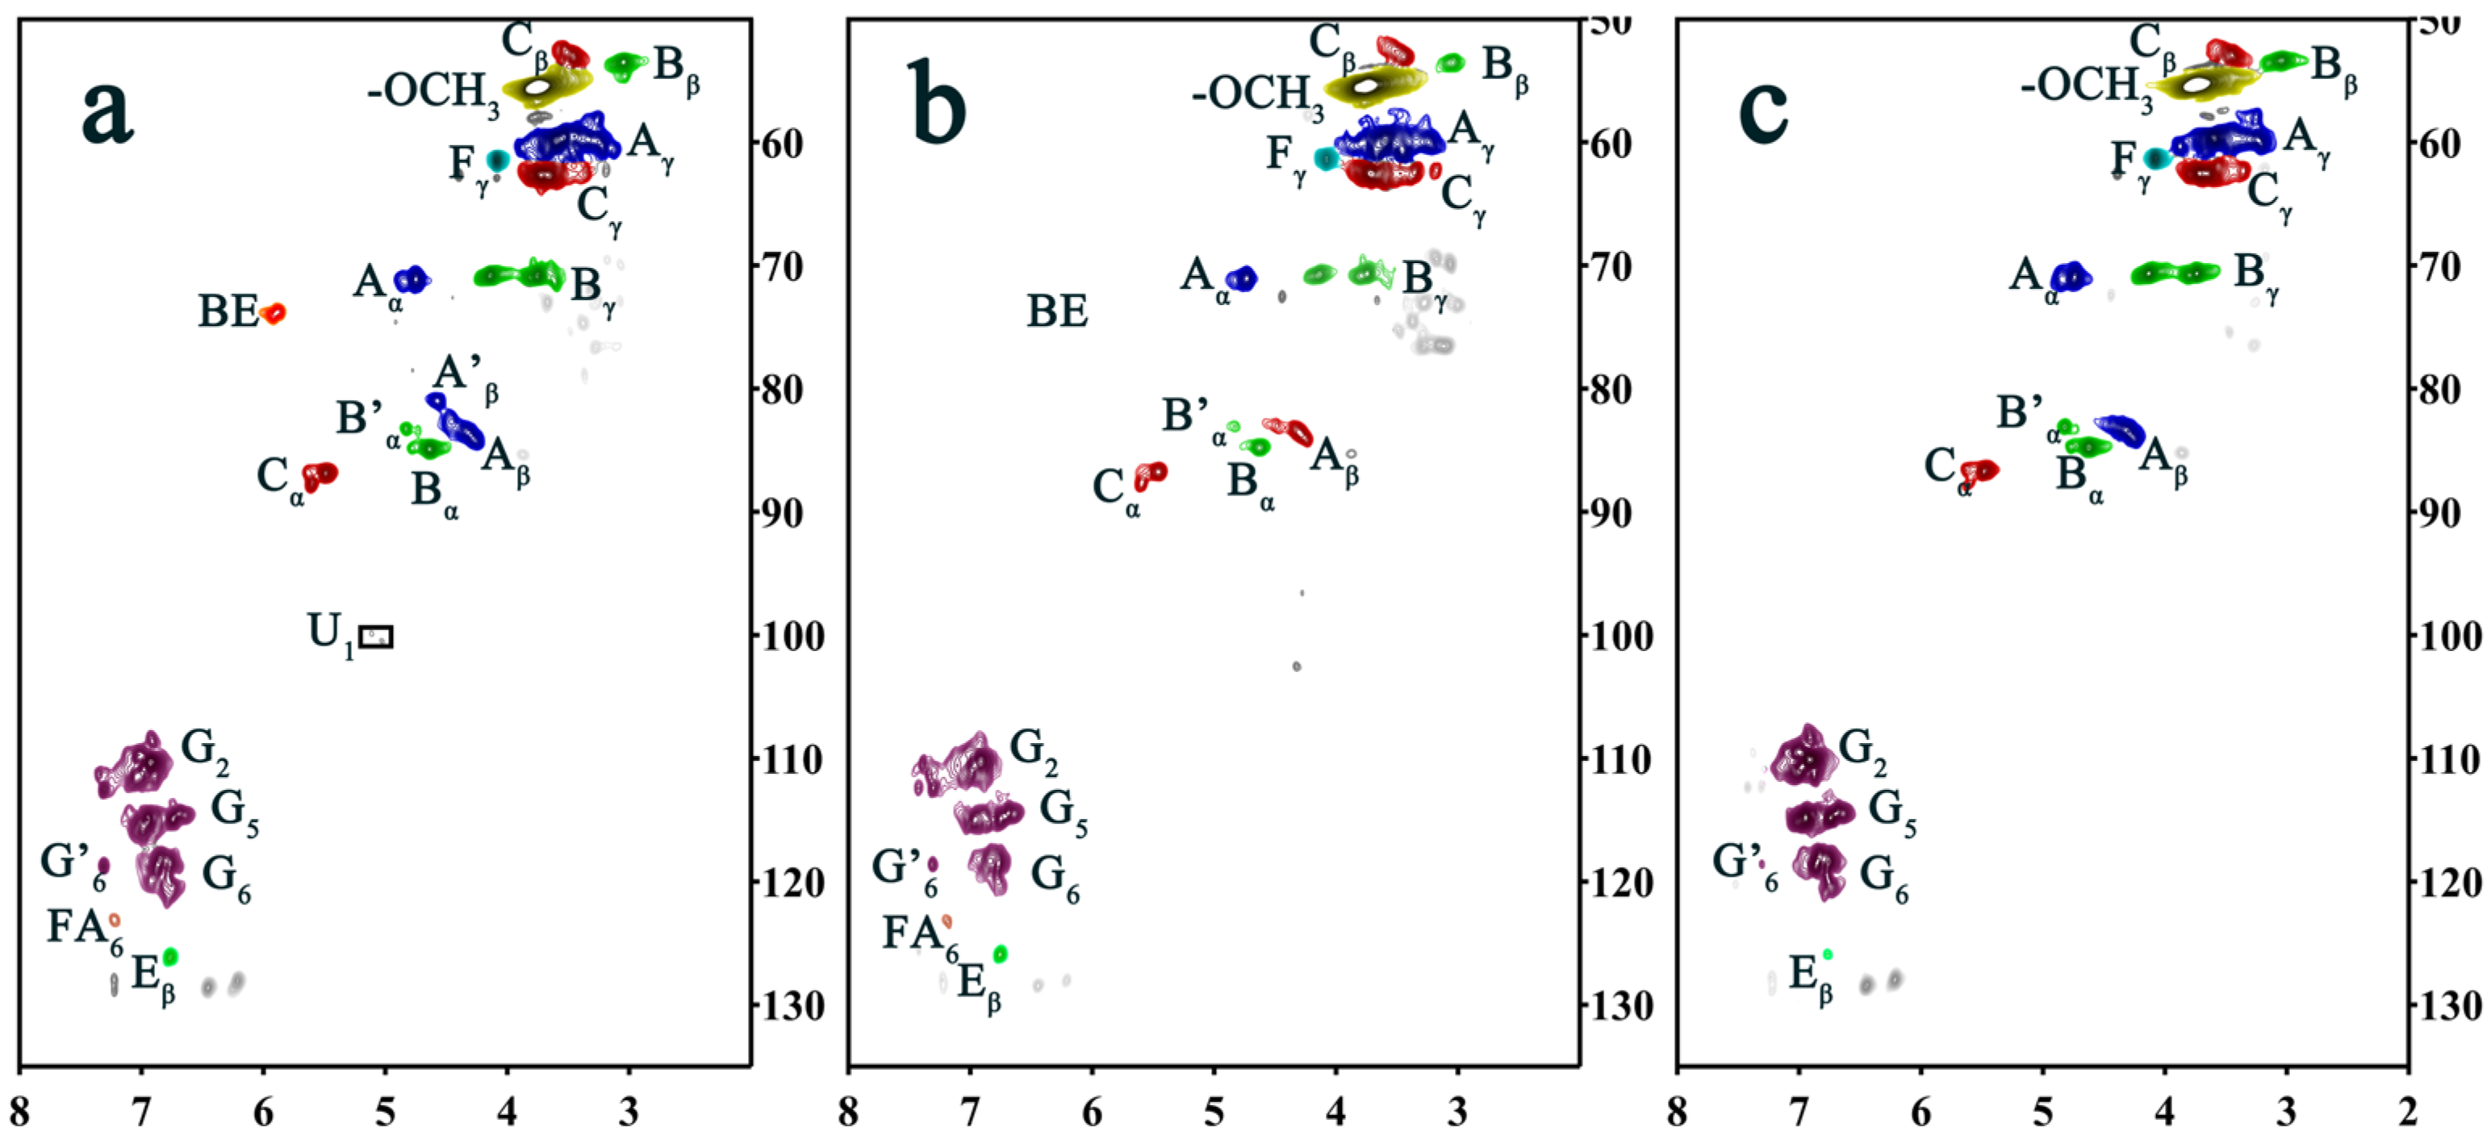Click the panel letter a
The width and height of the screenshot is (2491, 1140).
coord(107,111)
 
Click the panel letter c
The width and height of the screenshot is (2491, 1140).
coord(1763,111)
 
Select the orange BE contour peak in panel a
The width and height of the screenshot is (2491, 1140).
coord(274,313)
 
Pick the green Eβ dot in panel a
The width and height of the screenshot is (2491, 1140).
coord(170,956)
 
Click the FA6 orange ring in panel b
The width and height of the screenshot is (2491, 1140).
coord(947,921)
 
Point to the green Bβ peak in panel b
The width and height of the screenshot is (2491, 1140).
coord(1449,63)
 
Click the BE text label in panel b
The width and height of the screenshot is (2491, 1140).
coord(1057,311)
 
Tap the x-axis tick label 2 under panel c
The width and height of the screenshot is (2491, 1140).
coord(2408,1113)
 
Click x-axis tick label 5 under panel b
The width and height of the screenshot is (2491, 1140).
coord(1214,1113)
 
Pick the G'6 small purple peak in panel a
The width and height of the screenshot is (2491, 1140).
coord(103,864)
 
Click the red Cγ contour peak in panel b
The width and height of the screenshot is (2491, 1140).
coord(1383,174)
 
